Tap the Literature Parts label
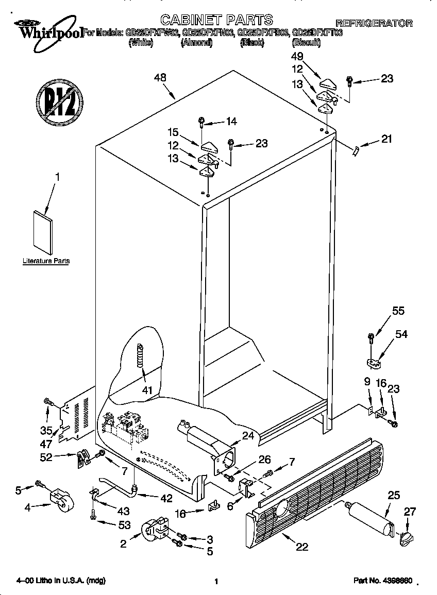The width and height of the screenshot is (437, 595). pyautogui.click(x=46, y=261)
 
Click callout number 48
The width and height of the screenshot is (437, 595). pyautogui.click(x=160, y=78)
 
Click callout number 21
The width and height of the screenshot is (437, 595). pyautogui.click(x=386, y=139)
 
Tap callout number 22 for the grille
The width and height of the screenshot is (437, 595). pyautogui.click(x=302, y=547)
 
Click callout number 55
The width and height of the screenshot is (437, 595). pyautogui.click(x=398, y=311)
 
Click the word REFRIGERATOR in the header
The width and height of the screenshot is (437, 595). pyautogui.click(x=374, y=23)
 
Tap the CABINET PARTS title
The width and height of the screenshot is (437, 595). pyautogui.click(x=216, y=20)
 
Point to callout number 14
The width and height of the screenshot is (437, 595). pyautogui.click(x=231, y=122)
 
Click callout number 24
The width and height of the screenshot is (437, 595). pyautogui.click(x=248, y=436)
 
